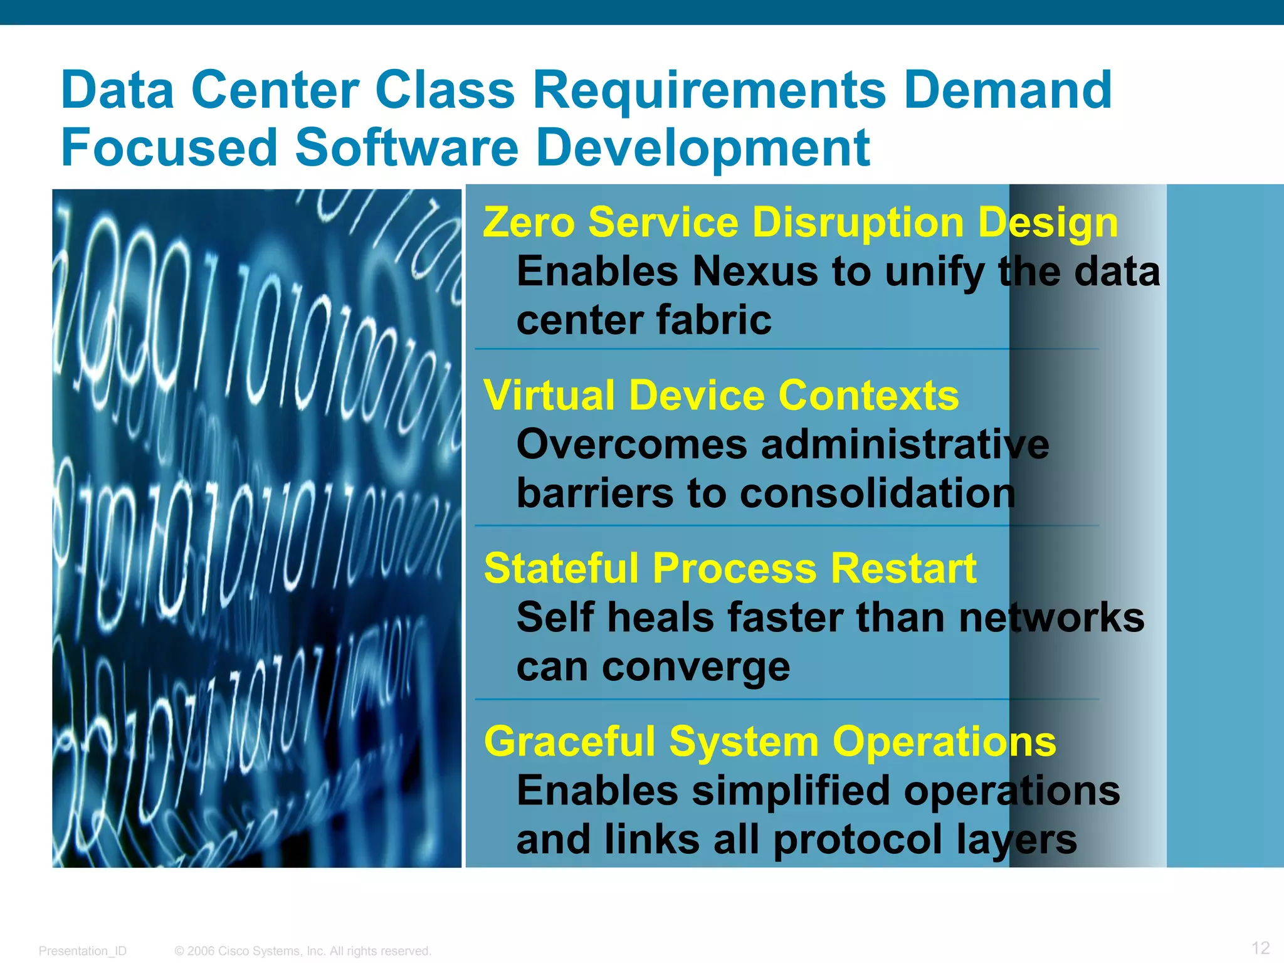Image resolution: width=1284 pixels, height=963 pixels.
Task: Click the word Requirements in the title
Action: (709, 92)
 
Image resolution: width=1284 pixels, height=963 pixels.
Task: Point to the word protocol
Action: (856, 840)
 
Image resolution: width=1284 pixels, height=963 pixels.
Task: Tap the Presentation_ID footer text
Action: (83, 950)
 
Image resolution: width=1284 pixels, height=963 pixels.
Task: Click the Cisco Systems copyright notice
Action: (303, 950)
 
